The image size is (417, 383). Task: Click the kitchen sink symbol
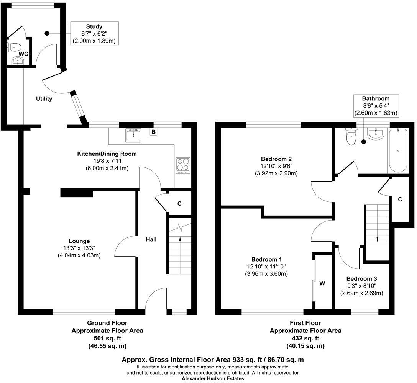[133, 135]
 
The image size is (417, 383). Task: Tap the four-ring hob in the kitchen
[183, 165]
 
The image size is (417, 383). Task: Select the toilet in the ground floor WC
[14, 47]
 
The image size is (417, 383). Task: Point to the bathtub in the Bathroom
[399, 151]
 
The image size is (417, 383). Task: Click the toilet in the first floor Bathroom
[351, 137]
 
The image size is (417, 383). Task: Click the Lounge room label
[80, 241]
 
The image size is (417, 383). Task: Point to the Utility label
[44, 99]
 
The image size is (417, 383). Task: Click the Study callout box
[94, 33]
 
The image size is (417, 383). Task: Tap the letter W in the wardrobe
[322, 283]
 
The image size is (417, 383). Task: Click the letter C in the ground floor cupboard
[179, 204]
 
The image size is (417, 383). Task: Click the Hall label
[151, 239]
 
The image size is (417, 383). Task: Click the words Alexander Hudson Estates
[212, 378]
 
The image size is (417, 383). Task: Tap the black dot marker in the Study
[47, 33]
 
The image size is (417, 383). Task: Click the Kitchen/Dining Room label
[107, 154]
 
